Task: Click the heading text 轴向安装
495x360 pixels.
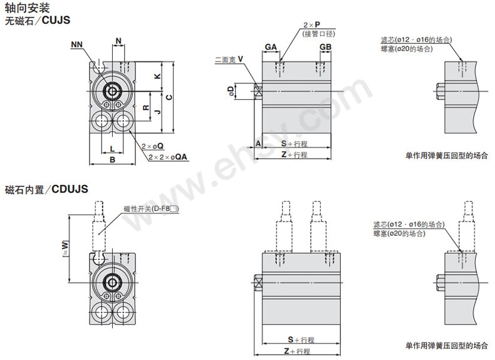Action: pyautogui.click(x=27, y=8)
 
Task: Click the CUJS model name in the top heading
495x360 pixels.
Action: pyautogui.click(x=56, y=20)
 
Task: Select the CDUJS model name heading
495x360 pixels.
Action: pyautogui.click(x=70, y=189)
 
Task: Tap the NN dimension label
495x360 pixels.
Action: pyautogui.click(x=76, y=45)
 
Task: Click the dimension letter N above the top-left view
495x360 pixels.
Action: pyautogui.click(x=118, y=41)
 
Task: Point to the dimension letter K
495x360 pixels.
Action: pyautogui.click(x=157, y=76)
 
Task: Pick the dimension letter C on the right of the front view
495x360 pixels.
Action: pyautogui.click(x=169, y=97)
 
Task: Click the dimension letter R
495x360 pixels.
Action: pyautogui.click(x=146, y=108)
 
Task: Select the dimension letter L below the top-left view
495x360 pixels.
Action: pyautogui.click(x=112, y=149)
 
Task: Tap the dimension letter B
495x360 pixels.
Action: pyautogui.click(x=112, y=160)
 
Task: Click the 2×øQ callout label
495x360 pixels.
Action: pyautogui.click(x=152, y=146)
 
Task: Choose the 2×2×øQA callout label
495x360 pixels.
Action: pyautogui.click(x=168, y=157)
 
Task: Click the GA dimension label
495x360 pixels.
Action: pyautogui.click(x=271, y=47)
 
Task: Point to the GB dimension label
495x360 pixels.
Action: pyautogui.click(x=325, y=47)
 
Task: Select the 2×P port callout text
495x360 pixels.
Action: pyautogui.click(x=312, y=24)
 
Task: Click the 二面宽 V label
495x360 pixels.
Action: pyautogui.click(x=229, y=59)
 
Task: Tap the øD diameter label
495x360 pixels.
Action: pyautogui.click(x=231, y=91)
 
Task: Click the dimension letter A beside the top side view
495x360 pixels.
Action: pyautogui.click(x=258, y=144)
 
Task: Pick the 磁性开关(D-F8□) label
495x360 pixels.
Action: pyautogui.click(x=151, y=209)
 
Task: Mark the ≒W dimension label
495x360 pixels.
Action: pyautogui.click(x=65, y=248)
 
